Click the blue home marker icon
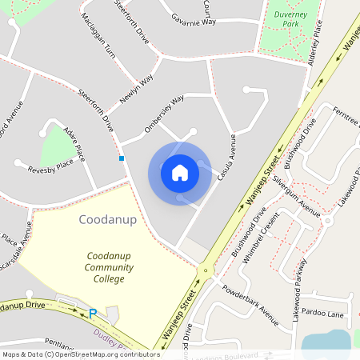point(179,173)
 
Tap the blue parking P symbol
point(92,314)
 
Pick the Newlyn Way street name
point(136,90)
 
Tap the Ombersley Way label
point(164,110)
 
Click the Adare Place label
point(67,138)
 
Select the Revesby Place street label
point(50,169)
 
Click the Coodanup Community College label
point(105,267)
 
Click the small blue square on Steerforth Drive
point(122,158)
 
